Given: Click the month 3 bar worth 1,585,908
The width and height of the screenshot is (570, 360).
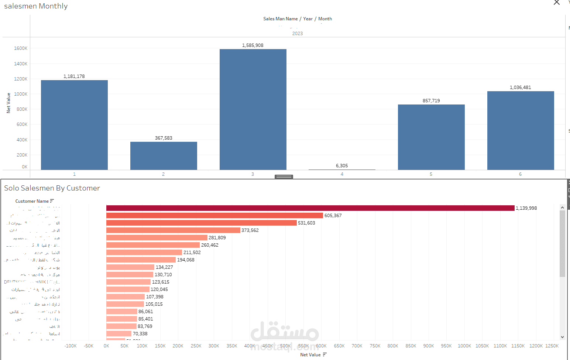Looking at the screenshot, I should (x=253, y=109).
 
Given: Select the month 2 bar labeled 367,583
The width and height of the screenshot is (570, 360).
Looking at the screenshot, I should (x=164, y=155).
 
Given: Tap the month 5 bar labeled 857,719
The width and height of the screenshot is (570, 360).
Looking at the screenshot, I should (x=431, y=137).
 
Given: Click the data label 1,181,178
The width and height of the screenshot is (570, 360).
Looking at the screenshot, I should (x=74, y=76).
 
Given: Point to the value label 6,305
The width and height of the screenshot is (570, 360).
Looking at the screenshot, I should (x=342, y=166).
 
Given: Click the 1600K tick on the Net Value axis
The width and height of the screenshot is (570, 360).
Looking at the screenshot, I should (x=21, y=48).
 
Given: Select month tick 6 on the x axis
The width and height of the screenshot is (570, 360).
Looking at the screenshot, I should (x=520, y=174).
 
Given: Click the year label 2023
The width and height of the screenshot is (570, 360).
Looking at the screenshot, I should (x=298, y=34).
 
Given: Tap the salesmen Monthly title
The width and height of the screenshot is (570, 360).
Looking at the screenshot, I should (x=36, y=6).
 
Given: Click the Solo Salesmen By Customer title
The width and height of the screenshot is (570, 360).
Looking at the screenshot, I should (x=52, y=188).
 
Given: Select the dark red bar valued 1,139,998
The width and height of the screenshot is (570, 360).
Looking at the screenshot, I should (x=310, y=208).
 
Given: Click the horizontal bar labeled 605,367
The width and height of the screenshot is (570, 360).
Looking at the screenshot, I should (x=214, y=216).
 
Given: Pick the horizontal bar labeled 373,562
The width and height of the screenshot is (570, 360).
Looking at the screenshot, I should (x=173, y=230).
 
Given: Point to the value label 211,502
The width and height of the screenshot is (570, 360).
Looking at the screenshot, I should (x=192, y=253).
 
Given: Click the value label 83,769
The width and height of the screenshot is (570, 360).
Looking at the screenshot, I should (x=145, y=326).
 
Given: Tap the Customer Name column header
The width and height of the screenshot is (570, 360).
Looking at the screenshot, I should (x=32, y=201).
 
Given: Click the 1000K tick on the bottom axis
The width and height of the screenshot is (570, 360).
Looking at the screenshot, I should (x=464, y=346).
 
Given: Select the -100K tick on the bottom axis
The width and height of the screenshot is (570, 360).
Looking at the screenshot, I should (x=71, y=346).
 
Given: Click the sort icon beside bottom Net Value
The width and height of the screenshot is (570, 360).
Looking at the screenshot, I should (x=325, y=354).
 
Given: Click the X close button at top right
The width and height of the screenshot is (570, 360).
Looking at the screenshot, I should (x=557, y=3).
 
